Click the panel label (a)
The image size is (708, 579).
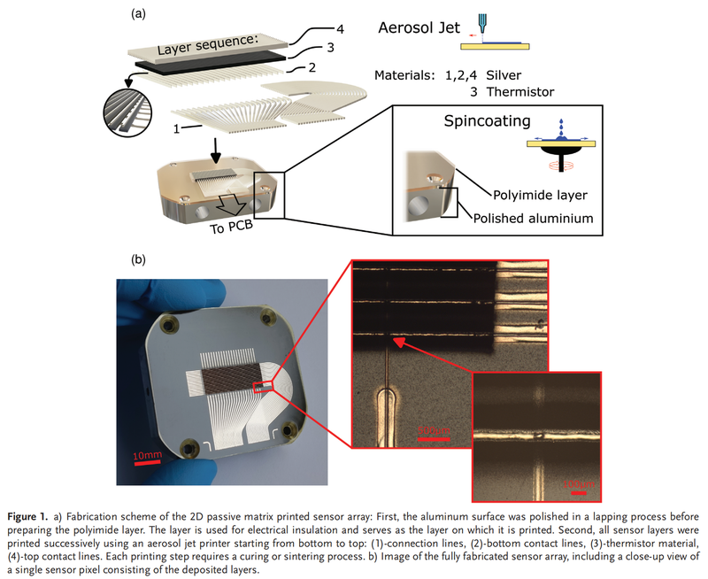click(138, 14)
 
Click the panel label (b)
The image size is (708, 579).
click(138, 261)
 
